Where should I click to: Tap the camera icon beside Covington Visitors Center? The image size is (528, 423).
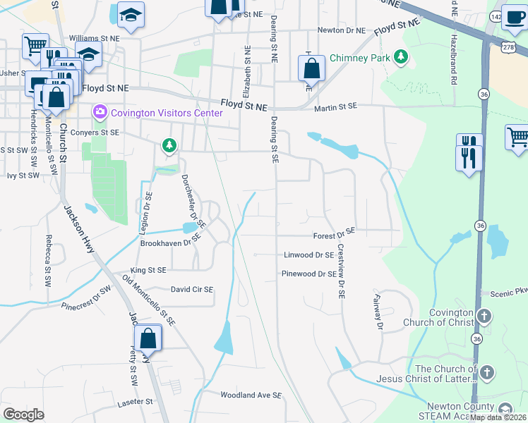click(x=100, y=112)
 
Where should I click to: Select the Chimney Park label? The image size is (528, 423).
click(x=360, y=59)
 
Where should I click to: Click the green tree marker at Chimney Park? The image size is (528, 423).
click(x=401, y=56)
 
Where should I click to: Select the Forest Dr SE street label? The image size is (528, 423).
click(x=334, y=233)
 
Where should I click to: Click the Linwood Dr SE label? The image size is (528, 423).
click(x=308, y=255)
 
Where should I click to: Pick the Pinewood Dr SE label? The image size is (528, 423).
click(x=308, y=274)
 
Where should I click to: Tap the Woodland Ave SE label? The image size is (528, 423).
click(x=251, y=396)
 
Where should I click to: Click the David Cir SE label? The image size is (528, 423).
click(x=192, y=289)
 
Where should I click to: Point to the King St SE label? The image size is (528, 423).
click(x=148, y=270)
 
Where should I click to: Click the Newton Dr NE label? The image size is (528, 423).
click(x=342, y=30)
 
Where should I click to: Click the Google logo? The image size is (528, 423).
click(x=24, y=415)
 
